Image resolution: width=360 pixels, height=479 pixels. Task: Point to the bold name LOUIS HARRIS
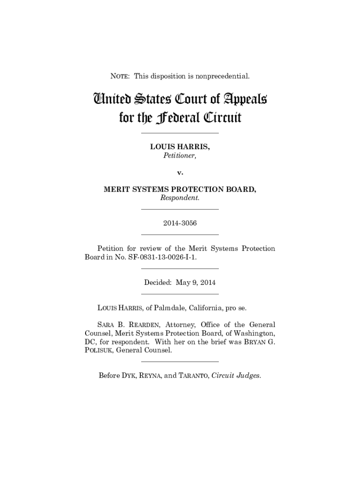click(180, 147)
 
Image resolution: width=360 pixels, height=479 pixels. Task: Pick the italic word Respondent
click(180, 198)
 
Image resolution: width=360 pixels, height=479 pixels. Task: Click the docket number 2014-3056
click(180, 223)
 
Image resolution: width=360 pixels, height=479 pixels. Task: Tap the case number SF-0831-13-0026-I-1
click(158, 257)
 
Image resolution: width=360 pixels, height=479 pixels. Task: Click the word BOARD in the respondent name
click(241, 189)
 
